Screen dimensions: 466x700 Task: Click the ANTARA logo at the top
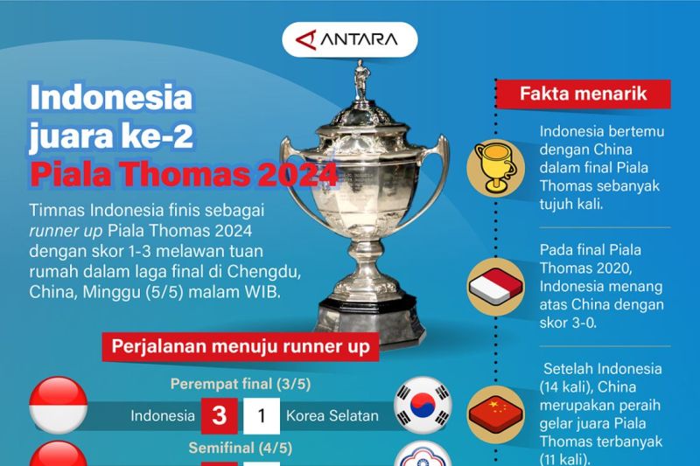click(350, 39)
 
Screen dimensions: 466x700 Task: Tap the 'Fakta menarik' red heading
click(584, 93)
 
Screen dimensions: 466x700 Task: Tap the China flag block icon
click(498, 410)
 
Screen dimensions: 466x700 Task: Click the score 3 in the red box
click(219, 416)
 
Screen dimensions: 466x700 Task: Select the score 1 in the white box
click(260, 416)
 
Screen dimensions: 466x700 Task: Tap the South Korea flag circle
click(422, 404)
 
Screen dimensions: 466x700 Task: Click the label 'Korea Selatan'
click(332, 416)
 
